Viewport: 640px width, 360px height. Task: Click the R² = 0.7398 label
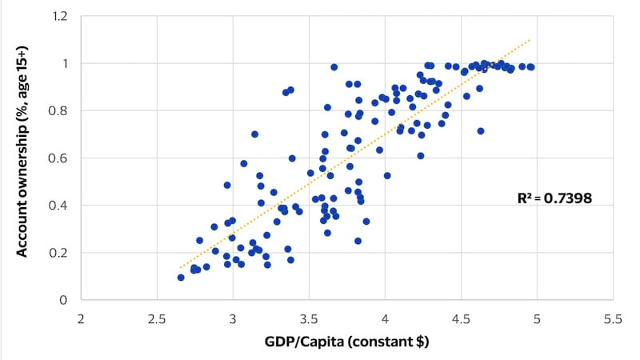coord(555,198)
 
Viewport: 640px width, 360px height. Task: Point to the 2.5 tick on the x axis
coord(157,318)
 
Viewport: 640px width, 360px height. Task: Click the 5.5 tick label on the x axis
coord(613,318)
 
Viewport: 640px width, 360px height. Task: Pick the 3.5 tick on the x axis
coord(309,318)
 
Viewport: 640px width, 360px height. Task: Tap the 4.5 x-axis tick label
coord(461,318)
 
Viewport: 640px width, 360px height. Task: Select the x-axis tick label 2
coord(81,318)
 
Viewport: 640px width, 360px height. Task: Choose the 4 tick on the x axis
coord(385,318)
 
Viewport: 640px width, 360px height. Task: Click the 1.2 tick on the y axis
coord(58,16)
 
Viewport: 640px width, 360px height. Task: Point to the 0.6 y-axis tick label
coord(58,158)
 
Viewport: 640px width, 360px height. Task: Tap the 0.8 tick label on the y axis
coord(58,111)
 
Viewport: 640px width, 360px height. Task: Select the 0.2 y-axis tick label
coord(58,253)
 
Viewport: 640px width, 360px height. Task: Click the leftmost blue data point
coord(181,278)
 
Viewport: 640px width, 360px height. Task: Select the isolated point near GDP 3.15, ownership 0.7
coord(254,134)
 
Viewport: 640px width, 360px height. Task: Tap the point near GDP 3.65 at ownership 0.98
coord(334,67)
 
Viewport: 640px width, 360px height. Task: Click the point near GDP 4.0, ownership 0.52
coord(387,176)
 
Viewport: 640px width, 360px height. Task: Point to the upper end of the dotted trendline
coord(530,39)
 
